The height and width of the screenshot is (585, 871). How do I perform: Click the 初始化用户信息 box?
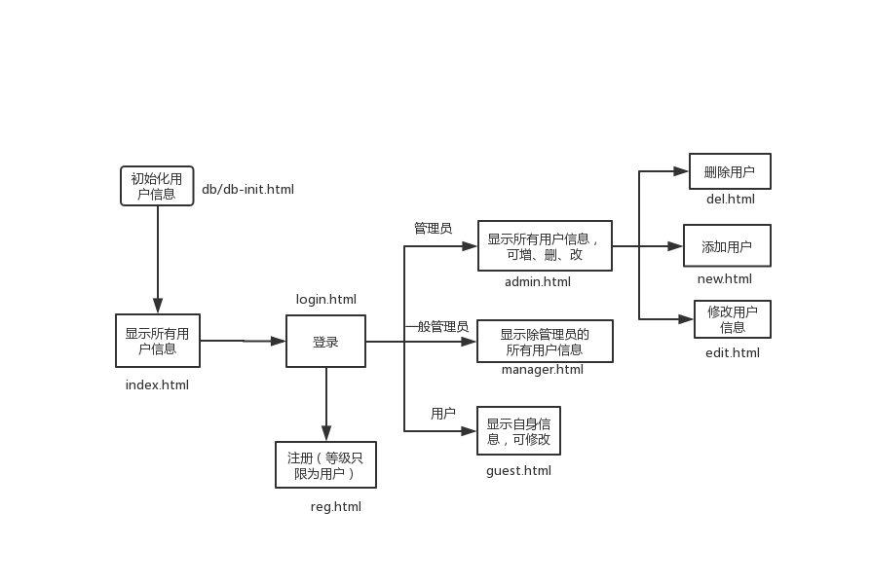[157, 185]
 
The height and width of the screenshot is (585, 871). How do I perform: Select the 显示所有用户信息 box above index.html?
[157, 341]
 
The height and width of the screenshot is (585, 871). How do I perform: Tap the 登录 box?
[325, 342]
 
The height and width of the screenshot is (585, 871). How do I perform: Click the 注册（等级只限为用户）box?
[325, 465]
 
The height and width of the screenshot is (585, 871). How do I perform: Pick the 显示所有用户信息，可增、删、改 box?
[545, 246]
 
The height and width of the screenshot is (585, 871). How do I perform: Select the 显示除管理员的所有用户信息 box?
[545, 342]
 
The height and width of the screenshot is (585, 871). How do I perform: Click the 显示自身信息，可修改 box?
[518, 431]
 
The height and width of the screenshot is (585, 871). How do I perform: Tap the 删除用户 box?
[730, 172]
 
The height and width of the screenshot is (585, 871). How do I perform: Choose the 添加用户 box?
[727, 246]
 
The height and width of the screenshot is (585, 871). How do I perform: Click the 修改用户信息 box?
[733, 319]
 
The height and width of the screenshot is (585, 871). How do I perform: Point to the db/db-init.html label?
[247, 190]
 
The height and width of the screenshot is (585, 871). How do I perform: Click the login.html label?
[326, 300]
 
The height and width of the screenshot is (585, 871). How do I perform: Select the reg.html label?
[336, 507]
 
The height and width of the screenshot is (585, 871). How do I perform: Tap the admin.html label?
[538, 282]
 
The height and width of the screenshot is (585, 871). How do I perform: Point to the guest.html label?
[518, 471]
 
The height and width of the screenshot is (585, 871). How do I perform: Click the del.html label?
[731, 201]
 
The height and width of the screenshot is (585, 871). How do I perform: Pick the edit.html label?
[733, 353]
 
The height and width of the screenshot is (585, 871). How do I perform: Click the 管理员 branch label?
[433, 229]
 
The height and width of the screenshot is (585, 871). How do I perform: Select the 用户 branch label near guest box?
[443, 415]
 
